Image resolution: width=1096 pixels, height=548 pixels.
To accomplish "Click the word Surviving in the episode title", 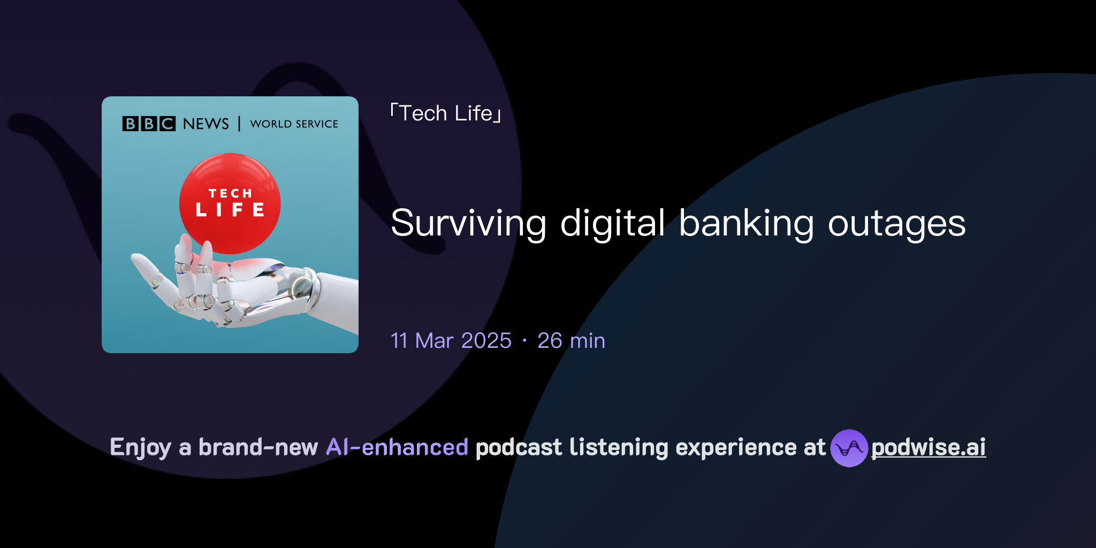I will tap(468, 224).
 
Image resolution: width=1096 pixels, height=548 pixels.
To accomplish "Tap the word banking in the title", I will tap(746, 224).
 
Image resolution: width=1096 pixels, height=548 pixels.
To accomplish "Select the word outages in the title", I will tap(896, 224).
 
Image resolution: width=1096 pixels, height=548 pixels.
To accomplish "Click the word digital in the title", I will tap(612, 224).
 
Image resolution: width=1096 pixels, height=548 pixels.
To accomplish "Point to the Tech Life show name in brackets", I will tap(446, 113).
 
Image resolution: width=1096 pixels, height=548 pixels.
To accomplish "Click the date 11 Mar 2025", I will tap(451, 341).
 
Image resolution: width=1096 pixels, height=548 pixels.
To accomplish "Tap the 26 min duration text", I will tap(571, 341).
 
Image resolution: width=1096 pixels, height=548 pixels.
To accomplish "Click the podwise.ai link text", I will tap(928, 447).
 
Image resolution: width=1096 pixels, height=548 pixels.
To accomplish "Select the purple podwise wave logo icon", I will tap(849, 448).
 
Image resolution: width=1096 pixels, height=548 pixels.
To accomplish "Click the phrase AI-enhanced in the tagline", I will tap(397, 447).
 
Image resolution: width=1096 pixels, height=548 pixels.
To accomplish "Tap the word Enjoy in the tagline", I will tap(140, 447).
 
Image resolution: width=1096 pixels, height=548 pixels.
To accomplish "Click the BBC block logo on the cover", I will tap(149, 124).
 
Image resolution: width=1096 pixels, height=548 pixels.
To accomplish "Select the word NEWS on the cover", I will tap(205, 124).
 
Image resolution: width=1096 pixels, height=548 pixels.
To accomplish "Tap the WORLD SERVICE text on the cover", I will tap(294, 124).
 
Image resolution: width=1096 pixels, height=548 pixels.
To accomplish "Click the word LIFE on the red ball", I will tap(230, 210).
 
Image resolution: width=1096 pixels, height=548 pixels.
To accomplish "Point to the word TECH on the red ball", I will tap(230, 193).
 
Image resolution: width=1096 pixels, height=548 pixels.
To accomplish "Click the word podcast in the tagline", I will tap(519, 447).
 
